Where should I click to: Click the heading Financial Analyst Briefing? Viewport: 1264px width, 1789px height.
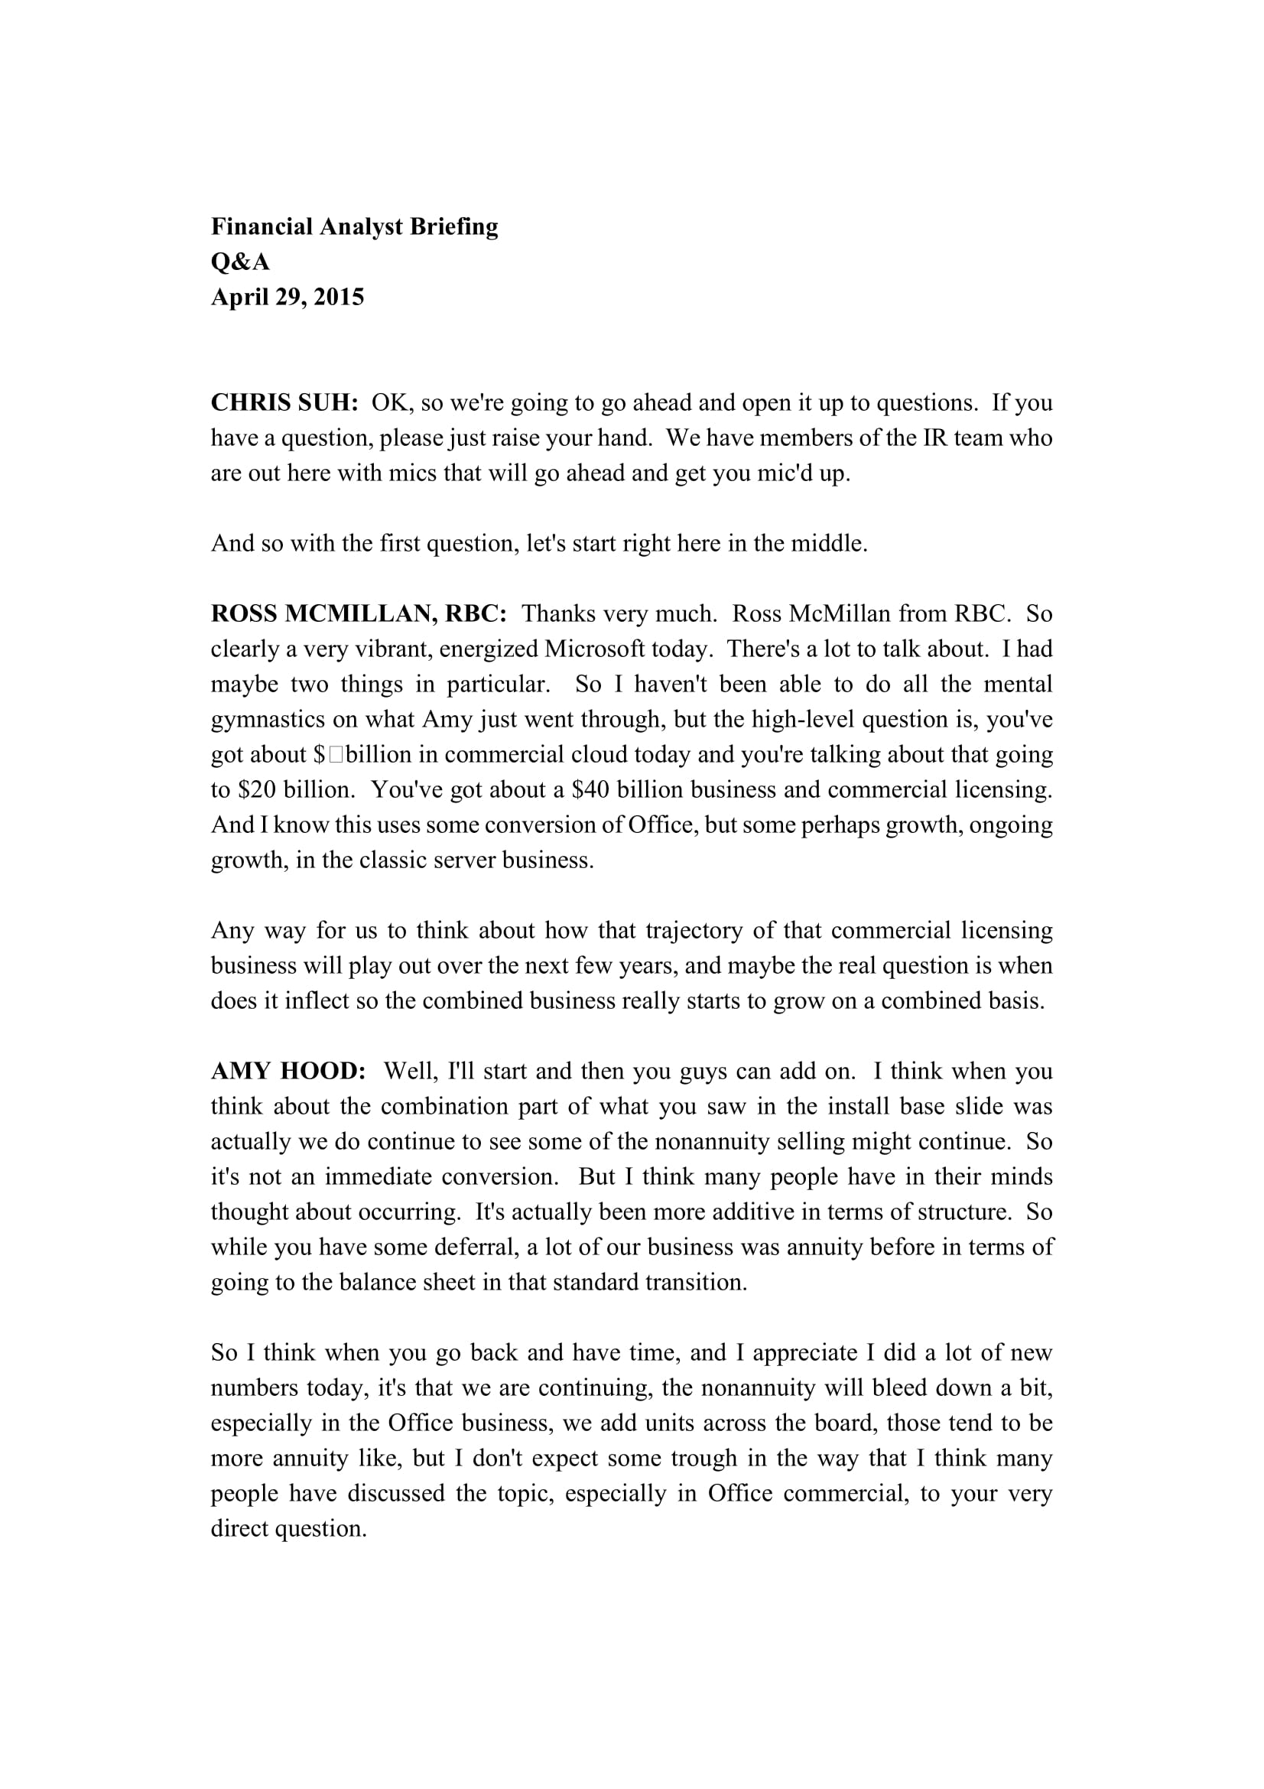click(x=354, y=226)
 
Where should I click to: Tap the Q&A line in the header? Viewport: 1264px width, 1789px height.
click(x=240, y=262)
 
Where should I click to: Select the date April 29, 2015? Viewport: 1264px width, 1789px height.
click(x=288, y=297)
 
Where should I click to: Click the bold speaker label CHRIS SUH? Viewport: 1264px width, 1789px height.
click(x=284, y=403)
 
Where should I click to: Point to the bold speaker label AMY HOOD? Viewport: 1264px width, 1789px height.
click(x=288, y=1071)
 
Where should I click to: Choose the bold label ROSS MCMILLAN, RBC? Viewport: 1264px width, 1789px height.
click(x=359, y=614)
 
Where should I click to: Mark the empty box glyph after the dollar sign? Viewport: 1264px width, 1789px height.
click(x=336, y=754)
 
